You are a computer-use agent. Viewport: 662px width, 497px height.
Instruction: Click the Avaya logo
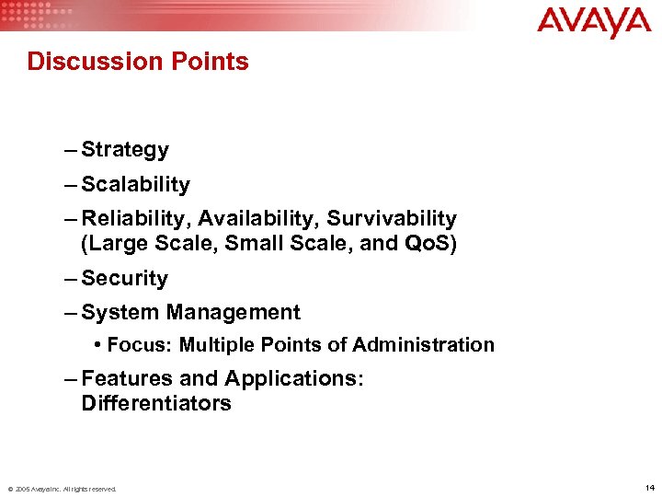click(593, 22)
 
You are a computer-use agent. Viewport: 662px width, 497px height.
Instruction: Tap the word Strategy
click(124, 150)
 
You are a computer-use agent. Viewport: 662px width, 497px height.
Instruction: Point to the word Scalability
click(135, 184)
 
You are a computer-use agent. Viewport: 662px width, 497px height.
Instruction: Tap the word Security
click(124, 278)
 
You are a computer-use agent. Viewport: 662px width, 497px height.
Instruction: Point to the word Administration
click(424, 345)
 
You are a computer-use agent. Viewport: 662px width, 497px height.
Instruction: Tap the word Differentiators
click(155, 403)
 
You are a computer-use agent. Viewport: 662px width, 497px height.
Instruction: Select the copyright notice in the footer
click(62, 489)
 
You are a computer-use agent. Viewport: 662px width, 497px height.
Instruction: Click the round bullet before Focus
click(97, 345)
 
